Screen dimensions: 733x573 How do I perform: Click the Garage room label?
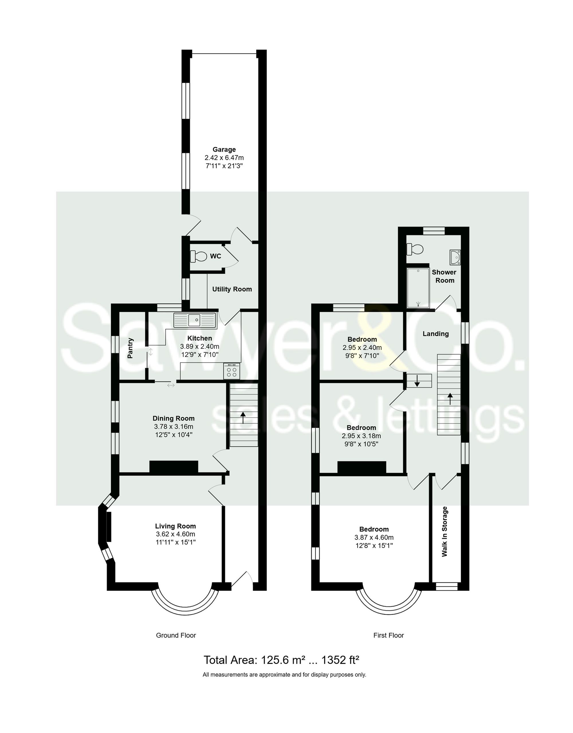click(224, 149)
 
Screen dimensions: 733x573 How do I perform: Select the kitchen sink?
click(195, 320)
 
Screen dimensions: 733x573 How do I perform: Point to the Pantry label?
click(130, 348)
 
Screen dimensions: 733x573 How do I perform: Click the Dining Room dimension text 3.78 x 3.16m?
click(174, 427)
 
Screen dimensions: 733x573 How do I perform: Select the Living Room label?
click(175, 526)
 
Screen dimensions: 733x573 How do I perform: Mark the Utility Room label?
click(232, 289)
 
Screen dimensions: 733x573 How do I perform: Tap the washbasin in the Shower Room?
click(455, 257)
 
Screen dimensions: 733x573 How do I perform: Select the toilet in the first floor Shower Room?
click(415, 249)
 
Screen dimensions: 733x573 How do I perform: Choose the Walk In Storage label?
click(445, 531)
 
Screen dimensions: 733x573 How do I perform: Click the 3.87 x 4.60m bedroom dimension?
click(374, 537)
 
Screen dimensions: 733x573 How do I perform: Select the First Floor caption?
click(388, 635)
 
